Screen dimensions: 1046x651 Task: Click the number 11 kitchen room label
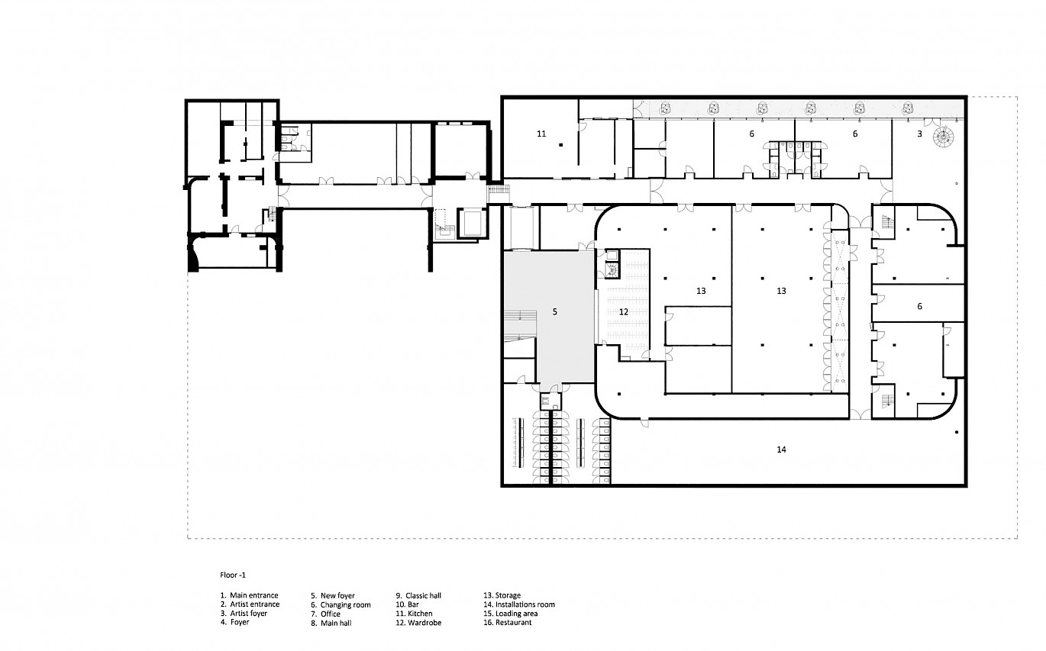(x=541, y=134)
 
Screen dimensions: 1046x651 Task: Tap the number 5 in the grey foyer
(x=555, y=311)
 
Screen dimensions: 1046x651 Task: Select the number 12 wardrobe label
(x=624, y=311)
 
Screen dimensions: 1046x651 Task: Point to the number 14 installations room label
(x=781, y=450)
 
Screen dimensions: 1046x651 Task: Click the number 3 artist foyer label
(x=919, y=134)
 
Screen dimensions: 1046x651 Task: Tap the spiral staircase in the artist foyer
(x=942, y=137)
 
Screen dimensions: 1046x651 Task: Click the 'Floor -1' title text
(x=233, y=575)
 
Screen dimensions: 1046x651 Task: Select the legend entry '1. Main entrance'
(x=250, y=595)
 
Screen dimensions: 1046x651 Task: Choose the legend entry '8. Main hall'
(x=331, y=623)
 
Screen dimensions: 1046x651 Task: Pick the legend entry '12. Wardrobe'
(x=418, y=623)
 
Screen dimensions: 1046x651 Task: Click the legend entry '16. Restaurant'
(x=508, y=622)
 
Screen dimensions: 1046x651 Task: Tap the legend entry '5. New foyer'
(x=333, y=595)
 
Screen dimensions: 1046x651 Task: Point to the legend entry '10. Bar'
(x=408, y=604)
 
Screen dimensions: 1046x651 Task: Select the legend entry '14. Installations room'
(x=519, y=604)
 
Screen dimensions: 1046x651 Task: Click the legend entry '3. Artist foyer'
(x=244, y=613)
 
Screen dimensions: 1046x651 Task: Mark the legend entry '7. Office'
(x=326, y=614)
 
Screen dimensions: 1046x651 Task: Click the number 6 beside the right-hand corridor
(x=919, y=307)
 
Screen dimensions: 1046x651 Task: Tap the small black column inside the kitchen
(x=561, y=145)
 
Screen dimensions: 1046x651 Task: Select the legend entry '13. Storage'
(x=502, y=595)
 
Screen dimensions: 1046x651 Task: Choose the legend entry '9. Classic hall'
(x=418, y=595)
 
